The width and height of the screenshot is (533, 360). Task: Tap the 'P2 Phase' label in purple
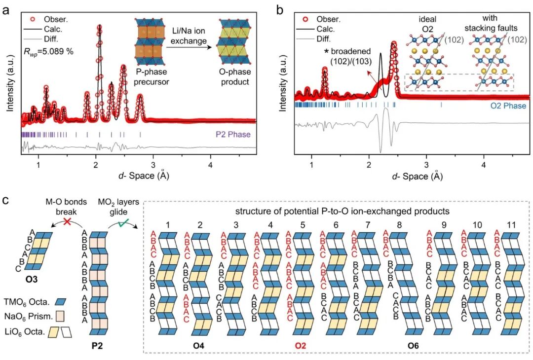click(x=233, y=134)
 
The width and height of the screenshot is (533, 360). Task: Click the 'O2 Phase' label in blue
click(x=508, y=106)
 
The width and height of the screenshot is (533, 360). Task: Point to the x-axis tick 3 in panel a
click(x=153, y=165)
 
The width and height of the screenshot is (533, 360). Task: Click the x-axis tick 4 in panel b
click(x=484, y=165)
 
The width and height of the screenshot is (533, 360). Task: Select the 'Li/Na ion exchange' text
click(x=188, y=36)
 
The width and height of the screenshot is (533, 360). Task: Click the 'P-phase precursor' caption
click(x=152, y=77)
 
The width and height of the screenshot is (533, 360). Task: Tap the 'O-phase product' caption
click(x=235, y=77)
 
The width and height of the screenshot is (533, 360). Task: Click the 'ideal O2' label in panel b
click(x=427, y=24)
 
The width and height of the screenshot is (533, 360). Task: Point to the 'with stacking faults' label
click(x=491, y=23)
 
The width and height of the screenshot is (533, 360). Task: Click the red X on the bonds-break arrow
click(x=67, y=222)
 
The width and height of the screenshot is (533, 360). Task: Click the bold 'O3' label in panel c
click(x=33, y=280)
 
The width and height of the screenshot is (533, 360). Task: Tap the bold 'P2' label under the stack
click(x=97, y=346)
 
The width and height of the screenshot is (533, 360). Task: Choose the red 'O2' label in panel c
click(x=300, y=346)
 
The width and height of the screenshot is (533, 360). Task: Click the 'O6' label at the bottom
click(x=413, y=346)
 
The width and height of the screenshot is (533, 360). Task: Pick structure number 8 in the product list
click(x=399, y=225)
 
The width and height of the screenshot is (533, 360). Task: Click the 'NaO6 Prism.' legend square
click(x=61, y=317)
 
